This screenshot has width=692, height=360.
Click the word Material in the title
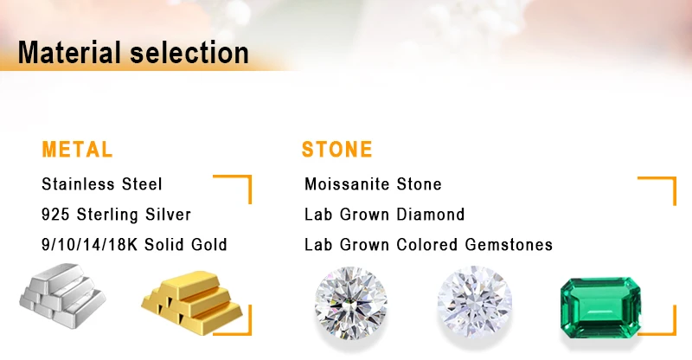[69, 52]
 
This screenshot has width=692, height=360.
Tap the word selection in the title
[189, 52]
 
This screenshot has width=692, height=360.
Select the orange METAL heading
[77, 150]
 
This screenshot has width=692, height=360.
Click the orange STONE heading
[337, 150]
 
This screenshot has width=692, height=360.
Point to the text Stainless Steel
[102, 184]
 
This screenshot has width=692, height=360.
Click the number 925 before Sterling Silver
[55, 215]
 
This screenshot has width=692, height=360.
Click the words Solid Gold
[186, 245]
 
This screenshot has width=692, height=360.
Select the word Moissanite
[348, 184]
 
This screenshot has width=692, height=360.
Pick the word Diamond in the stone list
[430, 215]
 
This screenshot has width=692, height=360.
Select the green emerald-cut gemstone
[600, 307]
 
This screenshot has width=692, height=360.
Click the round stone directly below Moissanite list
[351, 303]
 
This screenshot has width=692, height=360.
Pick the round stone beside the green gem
[474, 302]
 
